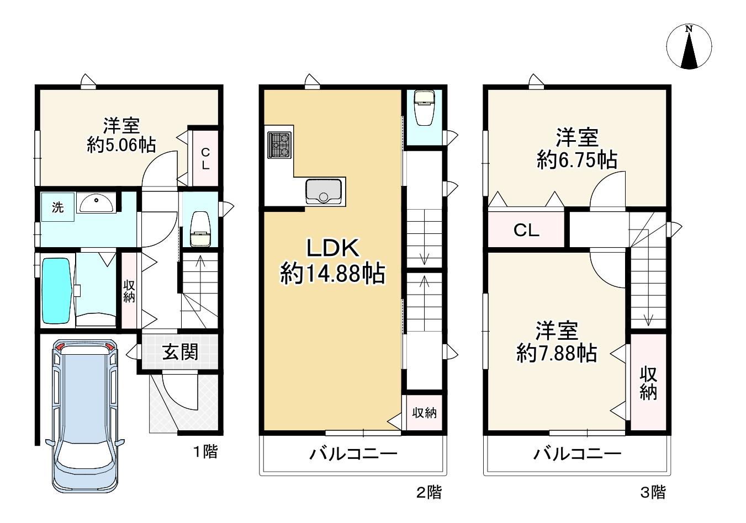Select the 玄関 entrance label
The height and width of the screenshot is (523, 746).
tap(180, 352)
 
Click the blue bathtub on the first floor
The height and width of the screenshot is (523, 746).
tap(57, 291)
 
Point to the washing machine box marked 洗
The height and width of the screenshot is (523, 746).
tap(57, 207)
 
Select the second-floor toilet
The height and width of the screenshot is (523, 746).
tap(424, 110)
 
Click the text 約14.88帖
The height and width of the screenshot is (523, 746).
tap(332, 274)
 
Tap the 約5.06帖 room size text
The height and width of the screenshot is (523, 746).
tap(121, 145)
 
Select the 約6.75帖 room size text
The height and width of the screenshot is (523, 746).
tap(577, 160)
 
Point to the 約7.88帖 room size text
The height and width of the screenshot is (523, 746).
tap(557, 353)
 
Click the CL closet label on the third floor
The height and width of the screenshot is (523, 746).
tap(526, 231)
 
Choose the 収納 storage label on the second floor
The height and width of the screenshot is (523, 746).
tap(424, 413)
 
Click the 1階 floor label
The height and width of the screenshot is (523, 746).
tap(205, 452)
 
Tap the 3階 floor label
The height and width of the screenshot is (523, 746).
tap(653, 492)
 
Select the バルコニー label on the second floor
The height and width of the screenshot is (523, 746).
tap(353, 455)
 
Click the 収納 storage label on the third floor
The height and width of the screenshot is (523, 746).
tap(648, 383)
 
